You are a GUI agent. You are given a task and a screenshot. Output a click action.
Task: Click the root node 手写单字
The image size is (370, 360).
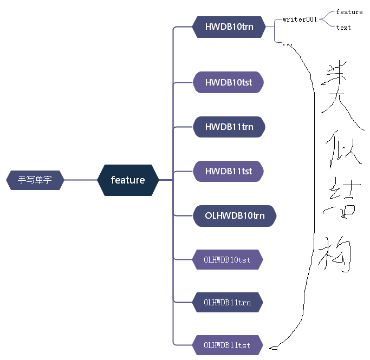click(x=35, y=180)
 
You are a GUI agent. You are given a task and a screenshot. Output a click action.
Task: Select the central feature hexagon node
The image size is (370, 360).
click(x=128, y=180)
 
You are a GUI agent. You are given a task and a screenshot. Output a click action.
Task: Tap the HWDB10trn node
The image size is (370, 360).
click(x=229, y=26)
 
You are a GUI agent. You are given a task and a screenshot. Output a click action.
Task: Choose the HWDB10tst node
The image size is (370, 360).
click(x=229, y=83)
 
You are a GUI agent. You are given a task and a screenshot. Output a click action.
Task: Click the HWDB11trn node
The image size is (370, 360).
click(x=229, y=127)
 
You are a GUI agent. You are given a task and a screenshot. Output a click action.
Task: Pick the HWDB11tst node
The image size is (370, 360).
click(x=229, y=171)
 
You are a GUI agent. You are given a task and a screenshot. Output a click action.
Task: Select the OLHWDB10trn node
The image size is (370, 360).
click(x=235, y=215)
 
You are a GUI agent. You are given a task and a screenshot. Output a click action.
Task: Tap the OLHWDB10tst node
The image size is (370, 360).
click(x=228, y=260)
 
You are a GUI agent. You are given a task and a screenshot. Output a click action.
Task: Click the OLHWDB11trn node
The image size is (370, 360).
click(x=228, y=303)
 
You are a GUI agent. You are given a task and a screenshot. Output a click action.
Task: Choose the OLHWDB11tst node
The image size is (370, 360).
click(x=228, y=345)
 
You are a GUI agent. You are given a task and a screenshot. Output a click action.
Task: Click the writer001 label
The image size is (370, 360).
click(x=300, y=19)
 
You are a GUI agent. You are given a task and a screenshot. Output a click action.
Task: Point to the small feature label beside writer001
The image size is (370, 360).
click(x=349, y=11)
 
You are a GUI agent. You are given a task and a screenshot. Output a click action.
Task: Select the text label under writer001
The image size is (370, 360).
click(x=343, y=28)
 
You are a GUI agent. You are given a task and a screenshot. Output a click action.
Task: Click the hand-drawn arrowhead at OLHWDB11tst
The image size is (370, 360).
click(x=272, y=346)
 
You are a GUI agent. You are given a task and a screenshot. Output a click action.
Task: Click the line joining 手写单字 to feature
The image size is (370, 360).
click(x=81, y=180)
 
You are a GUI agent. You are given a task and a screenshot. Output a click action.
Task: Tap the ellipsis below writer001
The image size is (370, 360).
click(x=288, y=44)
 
